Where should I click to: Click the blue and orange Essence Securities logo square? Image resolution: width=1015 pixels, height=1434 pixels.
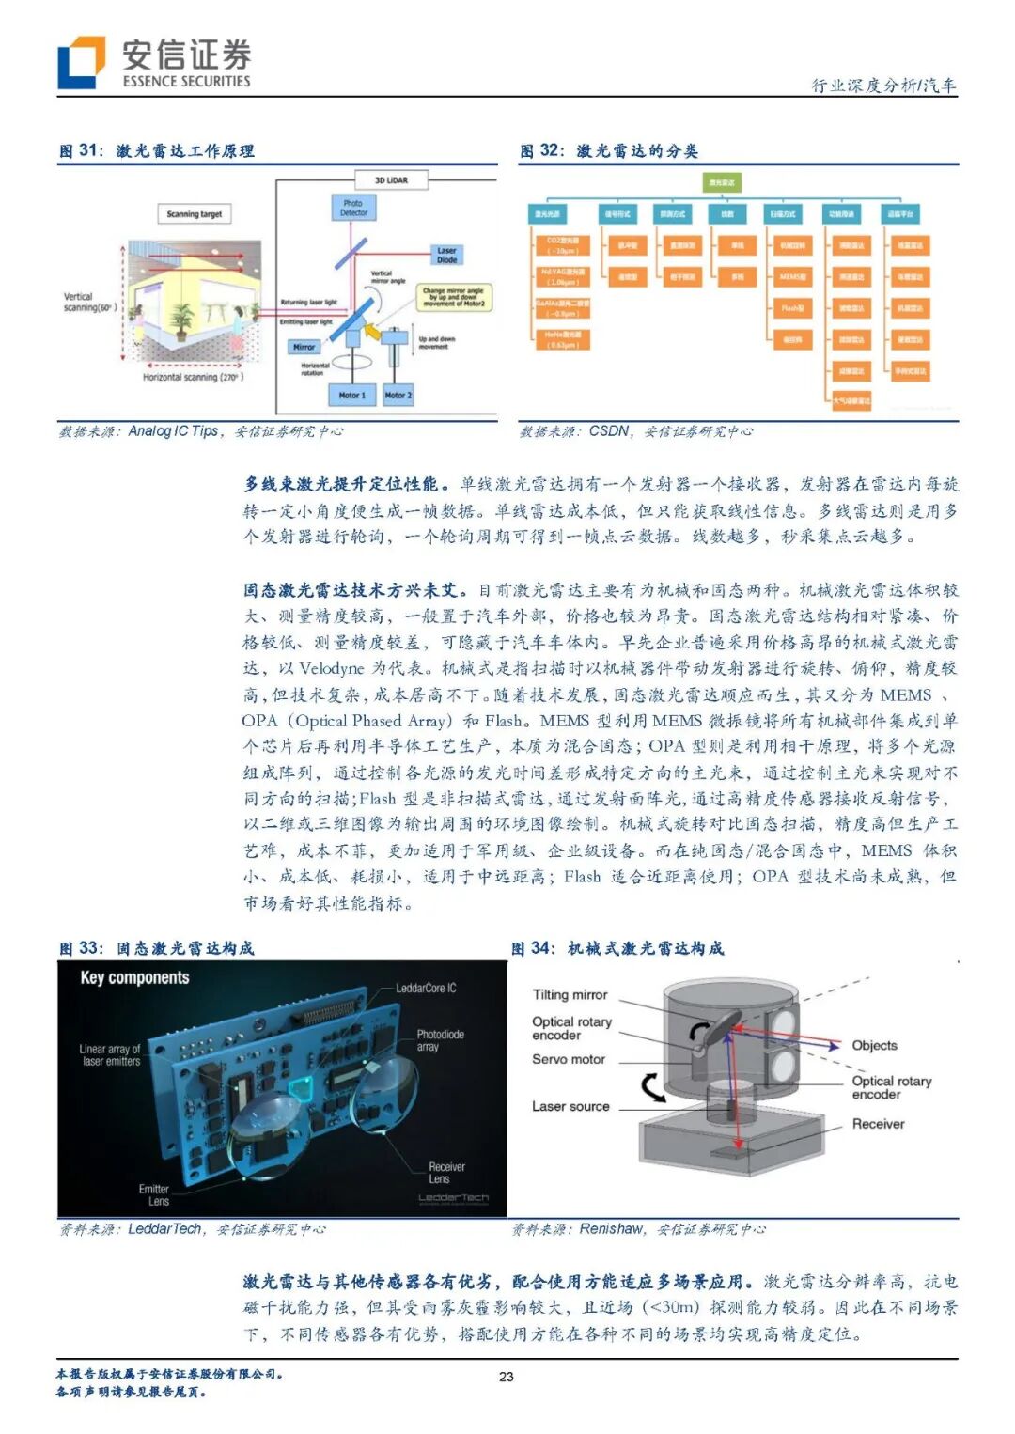coord(81,63)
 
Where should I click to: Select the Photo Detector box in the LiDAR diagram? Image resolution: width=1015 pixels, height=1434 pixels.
coord(353,208)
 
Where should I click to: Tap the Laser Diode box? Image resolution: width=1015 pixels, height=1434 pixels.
coord(446,255)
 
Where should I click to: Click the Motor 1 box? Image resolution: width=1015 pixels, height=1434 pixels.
coord(351,395)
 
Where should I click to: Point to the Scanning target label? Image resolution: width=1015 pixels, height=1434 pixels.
coord(195,214)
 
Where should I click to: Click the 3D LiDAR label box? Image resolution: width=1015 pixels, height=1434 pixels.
coord(391,179)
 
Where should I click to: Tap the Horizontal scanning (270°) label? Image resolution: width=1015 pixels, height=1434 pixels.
coord(193,377)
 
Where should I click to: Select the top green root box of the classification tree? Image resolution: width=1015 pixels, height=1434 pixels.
coord(722,182)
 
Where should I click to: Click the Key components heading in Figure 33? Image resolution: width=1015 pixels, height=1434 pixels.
coord(134,977)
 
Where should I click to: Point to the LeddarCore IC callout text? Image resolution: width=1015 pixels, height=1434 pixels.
coord(426,988)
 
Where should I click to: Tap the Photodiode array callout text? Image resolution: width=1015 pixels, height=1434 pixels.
coord(440,1040)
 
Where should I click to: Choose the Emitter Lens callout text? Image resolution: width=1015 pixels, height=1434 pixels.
coord(155,1194)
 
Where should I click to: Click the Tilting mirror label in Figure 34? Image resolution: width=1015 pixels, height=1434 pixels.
coord(570,994)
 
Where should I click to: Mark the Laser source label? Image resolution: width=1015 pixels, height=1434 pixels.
coord(570,1106)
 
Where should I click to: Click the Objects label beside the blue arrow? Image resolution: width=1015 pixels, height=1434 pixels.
coord(874,1045)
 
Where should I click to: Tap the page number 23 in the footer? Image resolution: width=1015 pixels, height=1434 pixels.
coord(507,1377)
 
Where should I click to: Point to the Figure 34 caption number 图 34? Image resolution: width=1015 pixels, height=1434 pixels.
coord(533,948)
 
